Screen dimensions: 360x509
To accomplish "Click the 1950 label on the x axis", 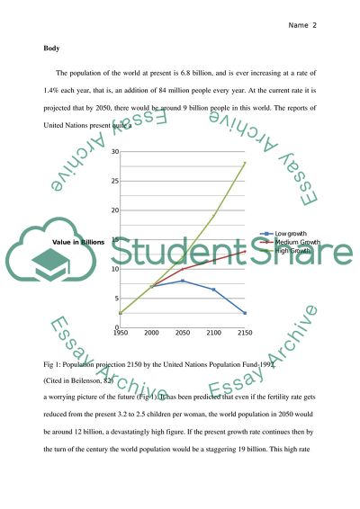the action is click(120, 333).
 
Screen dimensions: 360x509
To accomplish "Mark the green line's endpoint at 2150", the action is click(245, 163).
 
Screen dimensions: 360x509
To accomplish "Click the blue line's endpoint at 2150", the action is click(245, 313).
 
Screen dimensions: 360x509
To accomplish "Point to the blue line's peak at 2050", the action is click(183, 281).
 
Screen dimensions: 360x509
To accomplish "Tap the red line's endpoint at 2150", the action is click(245, 251).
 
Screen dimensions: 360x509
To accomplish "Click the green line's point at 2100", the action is click(214, 216).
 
